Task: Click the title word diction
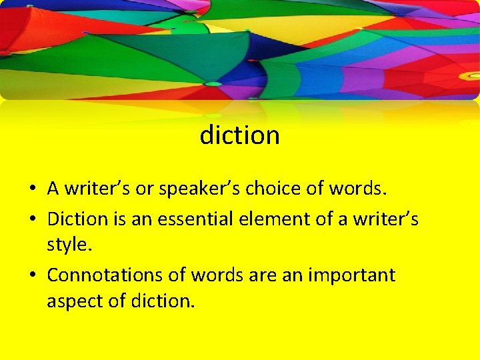239,135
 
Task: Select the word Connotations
116,275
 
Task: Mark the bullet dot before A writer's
32,189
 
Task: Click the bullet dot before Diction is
32,219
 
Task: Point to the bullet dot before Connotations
32,275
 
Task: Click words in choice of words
357,189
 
